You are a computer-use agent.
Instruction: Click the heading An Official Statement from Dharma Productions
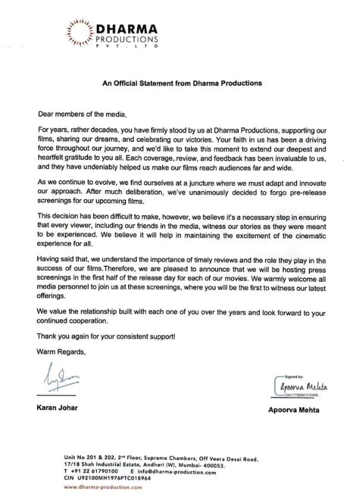click(x=182, y=83)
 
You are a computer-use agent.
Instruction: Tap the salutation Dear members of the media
click(x=83, y=113)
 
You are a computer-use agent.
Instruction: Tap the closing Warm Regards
click(x=62, y=352)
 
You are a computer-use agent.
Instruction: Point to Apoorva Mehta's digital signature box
click(x=301, y=386)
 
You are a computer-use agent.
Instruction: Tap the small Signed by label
click(x=296, y=377)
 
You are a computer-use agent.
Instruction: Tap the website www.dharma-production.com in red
click(x=103, y=487)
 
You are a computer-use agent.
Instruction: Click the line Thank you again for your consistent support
click(x=106, y=337)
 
